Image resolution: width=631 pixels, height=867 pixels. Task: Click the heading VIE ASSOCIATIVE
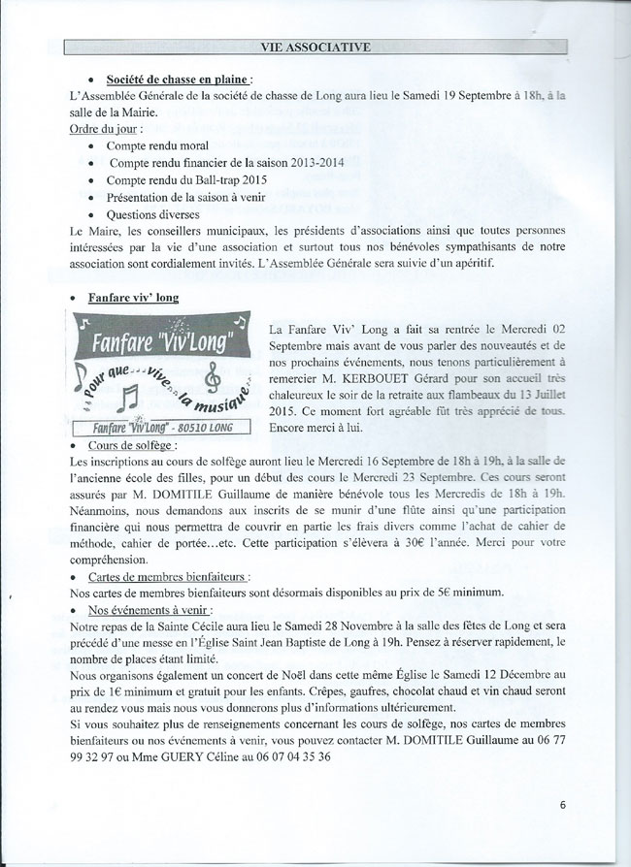pos(315,48)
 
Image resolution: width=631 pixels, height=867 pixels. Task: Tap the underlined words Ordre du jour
pos(102,128)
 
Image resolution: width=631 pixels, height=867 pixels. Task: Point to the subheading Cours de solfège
pos(143,444)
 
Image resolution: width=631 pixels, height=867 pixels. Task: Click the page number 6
pos(563,804)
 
